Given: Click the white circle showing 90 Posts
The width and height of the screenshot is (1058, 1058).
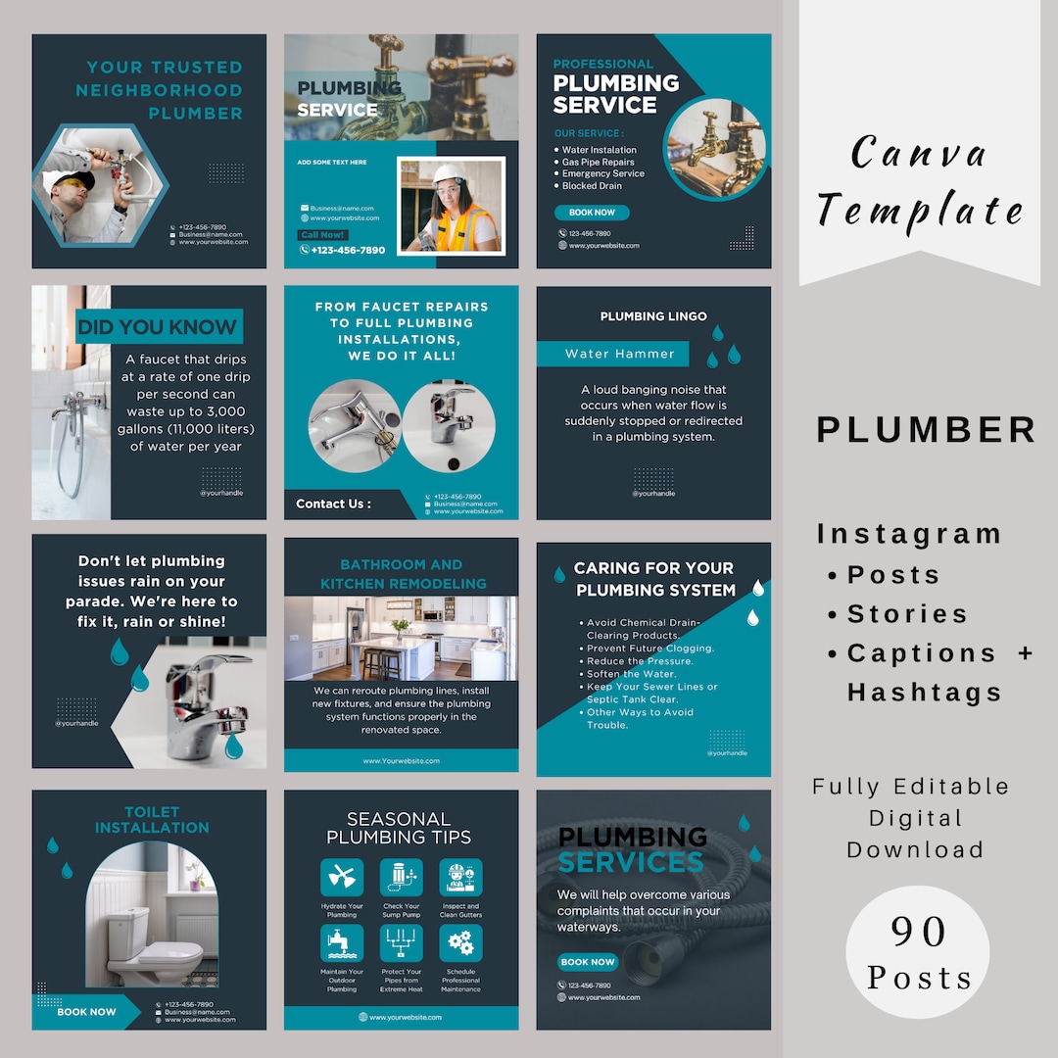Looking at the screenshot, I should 917,952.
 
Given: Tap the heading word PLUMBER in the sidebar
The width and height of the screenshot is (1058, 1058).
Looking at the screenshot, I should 926,430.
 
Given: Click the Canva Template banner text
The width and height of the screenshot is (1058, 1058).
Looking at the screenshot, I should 919,182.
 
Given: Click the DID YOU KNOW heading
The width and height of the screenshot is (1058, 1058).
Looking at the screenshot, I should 158,327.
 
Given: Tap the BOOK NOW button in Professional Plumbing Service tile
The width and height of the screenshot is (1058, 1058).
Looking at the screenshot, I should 592,213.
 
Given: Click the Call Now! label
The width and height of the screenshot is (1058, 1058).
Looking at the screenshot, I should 322,235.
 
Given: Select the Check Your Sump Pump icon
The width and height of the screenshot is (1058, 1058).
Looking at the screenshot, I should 401,878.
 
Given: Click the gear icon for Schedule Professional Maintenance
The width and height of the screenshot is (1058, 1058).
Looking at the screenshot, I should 459,943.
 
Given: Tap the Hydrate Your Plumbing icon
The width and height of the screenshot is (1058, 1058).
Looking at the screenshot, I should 342,878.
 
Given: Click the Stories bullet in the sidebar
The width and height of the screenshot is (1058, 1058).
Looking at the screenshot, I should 906,614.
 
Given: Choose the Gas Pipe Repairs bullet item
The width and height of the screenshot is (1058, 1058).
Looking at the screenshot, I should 598,163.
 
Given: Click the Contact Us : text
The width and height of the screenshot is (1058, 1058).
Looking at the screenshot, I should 333,504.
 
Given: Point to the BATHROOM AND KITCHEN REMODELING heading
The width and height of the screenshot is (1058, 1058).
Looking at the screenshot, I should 401,574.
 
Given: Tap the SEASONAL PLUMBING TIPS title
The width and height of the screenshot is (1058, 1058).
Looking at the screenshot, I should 399,828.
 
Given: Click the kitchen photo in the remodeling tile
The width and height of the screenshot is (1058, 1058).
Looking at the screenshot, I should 401,639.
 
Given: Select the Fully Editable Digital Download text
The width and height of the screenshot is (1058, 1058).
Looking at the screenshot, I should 910,818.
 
